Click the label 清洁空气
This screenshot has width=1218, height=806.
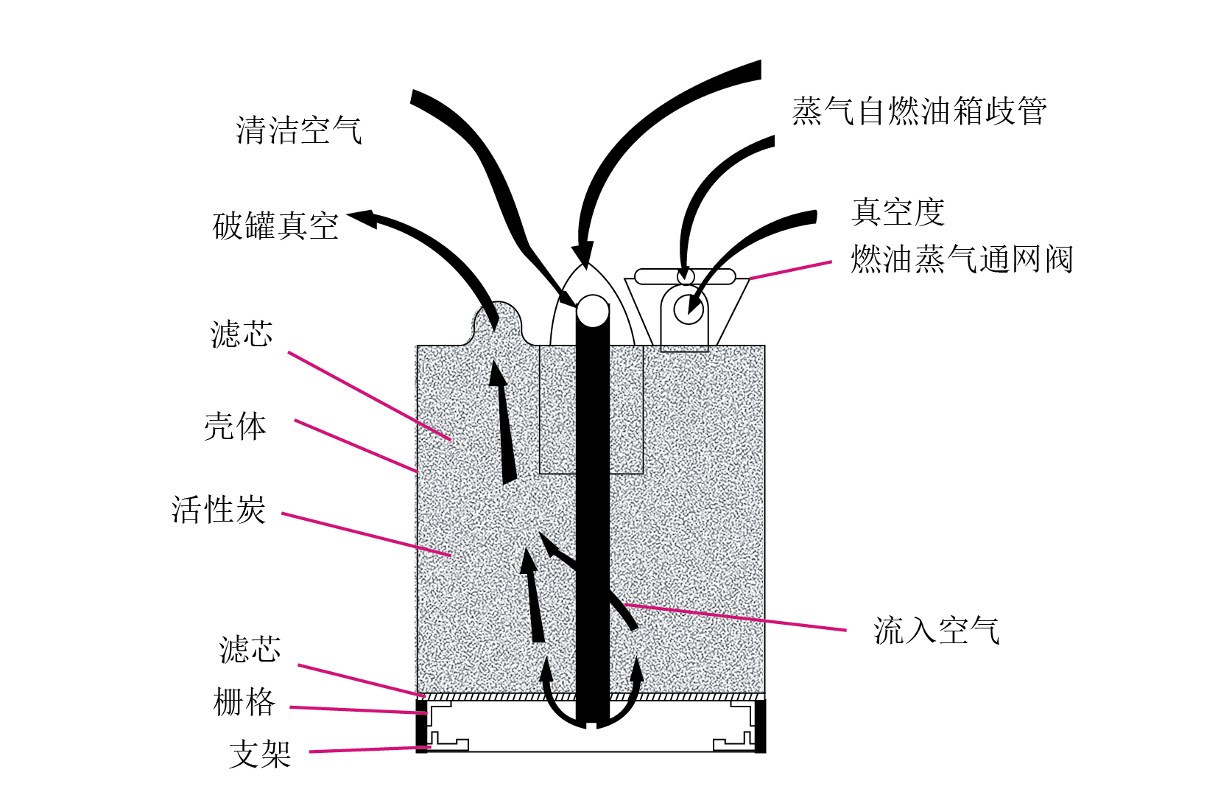[298, 130]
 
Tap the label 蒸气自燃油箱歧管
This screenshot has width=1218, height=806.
[919, 111]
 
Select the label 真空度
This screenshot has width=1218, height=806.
[898, 211]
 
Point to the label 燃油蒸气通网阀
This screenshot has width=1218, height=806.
[961, 259]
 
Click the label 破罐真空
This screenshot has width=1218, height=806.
[275, 225]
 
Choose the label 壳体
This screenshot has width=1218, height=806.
[236, 426]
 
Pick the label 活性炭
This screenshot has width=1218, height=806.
[219, 509]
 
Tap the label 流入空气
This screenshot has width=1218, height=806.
[937, 631]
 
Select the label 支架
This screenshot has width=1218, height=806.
[260, 754]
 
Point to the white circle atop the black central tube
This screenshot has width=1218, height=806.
[592, 311]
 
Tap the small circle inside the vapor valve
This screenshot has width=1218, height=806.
[689, 309]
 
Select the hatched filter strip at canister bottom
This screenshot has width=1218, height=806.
[591, 697]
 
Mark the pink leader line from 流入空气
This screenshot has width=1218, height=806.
[735, 617]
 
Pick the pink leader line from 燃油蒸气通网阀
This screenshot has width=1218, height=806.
[790, 270]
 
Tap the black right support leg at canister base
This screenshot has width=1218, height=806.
[760, 726]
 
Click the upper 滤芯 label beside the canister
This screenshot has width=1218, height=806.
[242, 334]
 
